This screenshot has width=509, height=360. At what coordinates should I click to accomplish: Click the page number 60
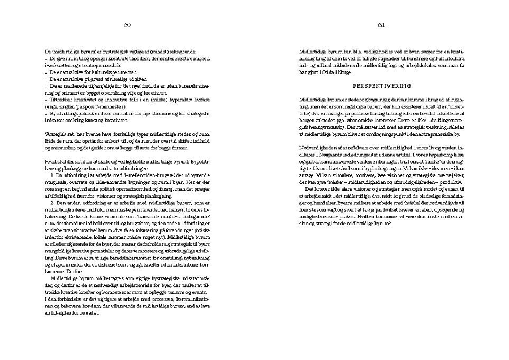(127, 25)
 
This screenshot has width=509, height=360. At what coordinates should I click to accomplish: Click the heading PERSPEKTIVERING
(382, 87)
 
